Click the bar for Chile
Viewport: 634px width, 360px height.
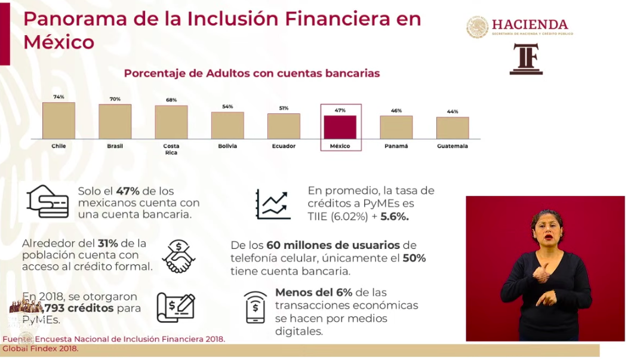point(59,121)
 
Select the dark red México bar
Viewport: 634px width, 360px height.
point(340,127)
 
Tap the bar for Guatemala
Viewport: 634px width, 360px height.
point(452,128)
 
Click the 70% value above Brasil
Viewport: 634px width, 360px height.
point(115,99)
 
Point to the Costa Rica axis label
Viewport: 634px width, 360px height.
point(171,149)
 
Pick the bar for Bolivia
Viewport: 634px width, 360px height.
point(227,125)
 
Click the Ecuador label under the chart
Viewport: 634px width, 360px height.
point(284,146)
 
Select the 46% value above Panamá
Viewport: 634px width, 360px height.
point(396,110)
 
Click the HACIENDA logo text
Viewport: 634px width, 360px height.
point(530,24)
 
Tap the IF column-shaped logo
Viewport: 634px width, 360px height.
point(526,59)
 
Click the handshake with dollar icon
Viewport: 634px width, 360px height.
point(178,256)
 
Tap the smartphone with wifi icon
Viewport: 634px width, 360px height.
point(256,307)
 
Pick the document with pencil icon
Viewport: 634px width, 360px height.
point(176,307)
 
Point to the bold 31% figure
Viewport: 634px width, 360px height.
point(109,244)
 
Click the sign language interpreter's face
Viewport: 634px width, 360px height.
point(547,226)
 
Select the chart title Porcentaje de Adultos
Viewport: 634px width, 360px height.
point(251,73)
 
